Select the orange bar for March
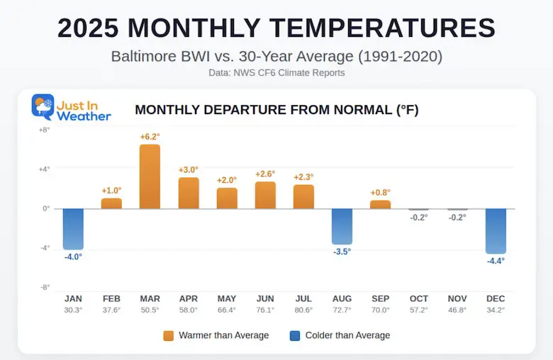(x=150, y=176)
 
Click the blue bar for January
(x=73, y=229)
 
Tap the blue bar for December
(x=496, y=231)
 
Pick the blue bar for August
(x=342, y=226)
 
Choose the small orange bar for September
(x=380, y=204)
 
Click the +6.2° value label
(x=150, y=137)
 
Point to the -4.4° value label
(x=496, y=261)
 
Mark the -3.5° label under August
(x=342, y=252)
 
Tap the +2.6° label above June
(x=265, y=174)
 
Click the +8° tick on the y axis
(x=44, y=130)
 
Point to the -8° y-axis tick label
(x=44, y=287)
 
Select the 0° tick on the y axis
(x=45, y=208)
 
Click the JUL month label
(x=303, y=299)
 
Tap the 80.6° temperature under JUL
(x=303, y=310)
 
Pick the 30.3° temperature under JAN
(x=73, y=310)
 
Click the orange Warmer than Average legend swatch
(x=169, y=336)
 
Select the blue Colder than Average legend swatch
(x=295, y=336)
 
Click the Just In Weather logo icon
(x=43, y=106)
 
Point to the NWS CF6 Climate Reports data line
(x=276, y=73)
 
